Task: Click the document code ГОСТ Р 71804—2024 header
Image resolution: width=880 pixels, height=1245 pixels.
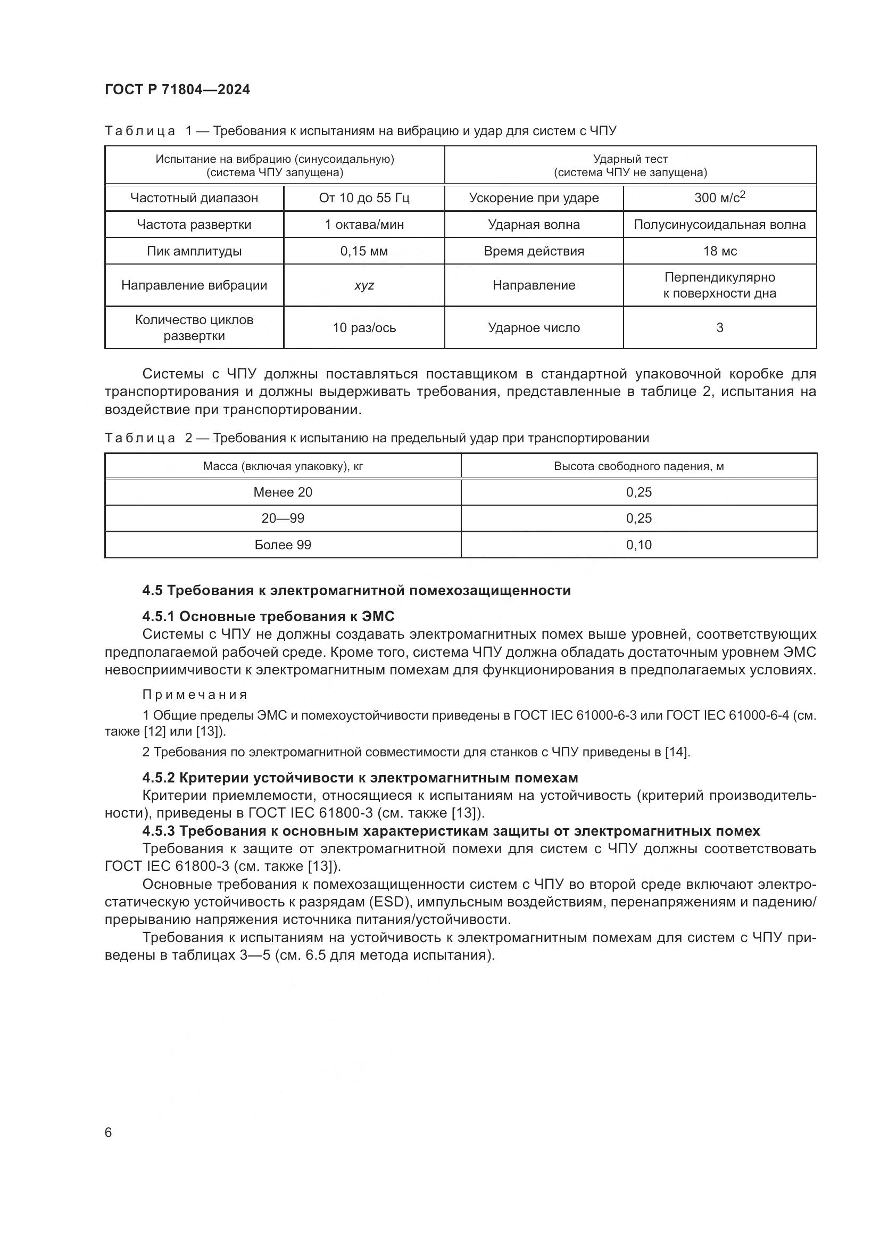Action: click(177, 90)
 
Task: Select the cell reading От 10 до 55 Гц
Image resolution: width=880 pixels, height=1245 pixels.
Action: click(363, 198)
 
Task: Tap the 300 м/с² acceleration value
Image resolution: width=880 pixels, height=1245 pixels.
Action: click(719, 197)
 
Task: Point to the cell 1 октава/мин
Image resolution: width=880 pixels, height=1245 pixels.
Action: click(363, 225)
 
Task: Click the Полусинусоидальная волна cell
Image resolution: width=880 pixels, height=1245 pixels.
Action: click(719, 225)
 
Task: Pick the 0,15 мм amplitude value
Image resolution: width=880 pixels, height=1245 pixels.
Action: click(363, 251)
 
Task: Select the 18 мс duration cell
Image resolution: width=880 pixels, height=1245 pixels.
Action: click(719, 251)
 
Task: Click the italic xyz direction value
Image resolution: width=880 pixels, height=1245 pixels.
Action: click(363, 285)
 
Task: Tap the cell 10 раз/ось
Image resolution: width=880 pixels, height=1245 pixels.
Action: click(363, 327)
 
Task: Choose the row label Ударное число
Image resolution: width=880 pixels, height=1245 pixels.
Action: click(533, 327)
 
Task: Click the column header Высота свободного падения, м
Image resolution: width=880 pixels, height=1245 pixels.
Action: click(638, 466)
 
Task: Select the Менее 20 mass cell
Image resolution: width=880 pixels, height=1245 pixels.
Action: click(283, 492)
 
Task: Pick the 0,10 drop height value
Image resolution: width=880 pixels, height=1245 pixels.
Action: click(638, 545)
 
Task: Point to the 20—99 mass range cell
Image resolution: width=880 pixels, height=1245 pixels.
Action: click(283, 518)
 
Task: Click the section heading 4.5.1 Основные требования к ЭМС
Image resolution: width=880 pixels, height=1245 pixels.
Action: click(268, 616)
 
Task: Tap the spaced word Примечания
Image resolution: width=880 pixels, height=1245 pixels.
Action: click(195, 695)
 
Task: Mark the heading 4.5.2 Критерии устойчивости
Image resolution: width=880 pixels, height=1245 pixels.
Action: click(360, 778)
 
